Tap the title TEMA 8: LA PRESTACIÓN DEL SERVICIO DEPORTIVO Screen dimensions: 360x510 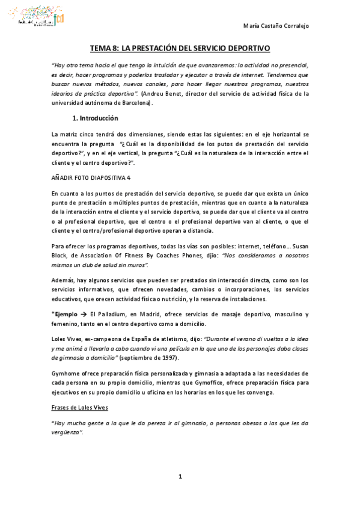180,48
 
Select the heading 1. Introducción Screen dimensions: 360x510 95,118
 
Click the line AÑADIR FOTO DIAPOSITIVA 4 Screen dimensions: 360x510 91,177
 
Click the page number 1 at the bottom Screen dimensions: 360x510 180,477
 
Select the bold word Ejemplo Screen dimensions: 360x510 66,315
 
